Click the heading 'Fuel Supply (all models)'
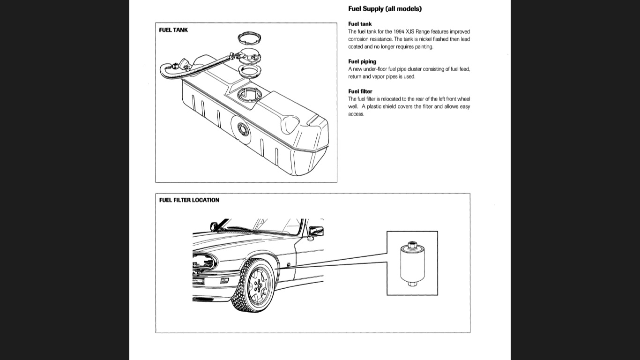click(385, 8)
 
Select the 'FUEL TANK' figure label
click(173, 30)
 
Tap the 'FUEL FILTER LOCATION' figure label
click(189, 200)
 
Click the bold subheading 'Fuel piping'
click(362, 61)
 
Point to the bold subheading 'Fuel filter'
click(360, 91)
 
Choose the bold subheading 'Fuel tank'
click(360, 24)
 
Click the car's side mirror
click(316, 232)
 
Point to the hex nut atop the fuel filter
click(412, 245)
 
